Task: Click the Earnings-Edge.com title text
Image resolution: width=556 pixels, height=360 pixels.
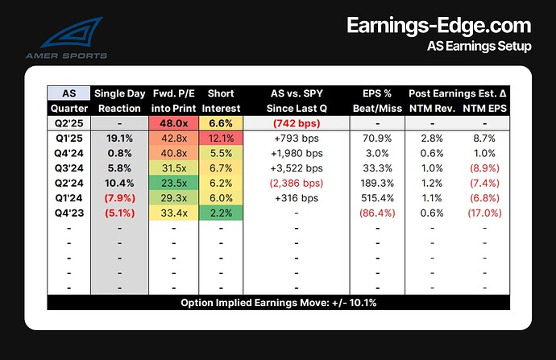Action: click(438, 26)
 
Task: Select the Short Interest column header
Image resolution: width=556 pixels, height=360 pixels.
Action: click(218, 101)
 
